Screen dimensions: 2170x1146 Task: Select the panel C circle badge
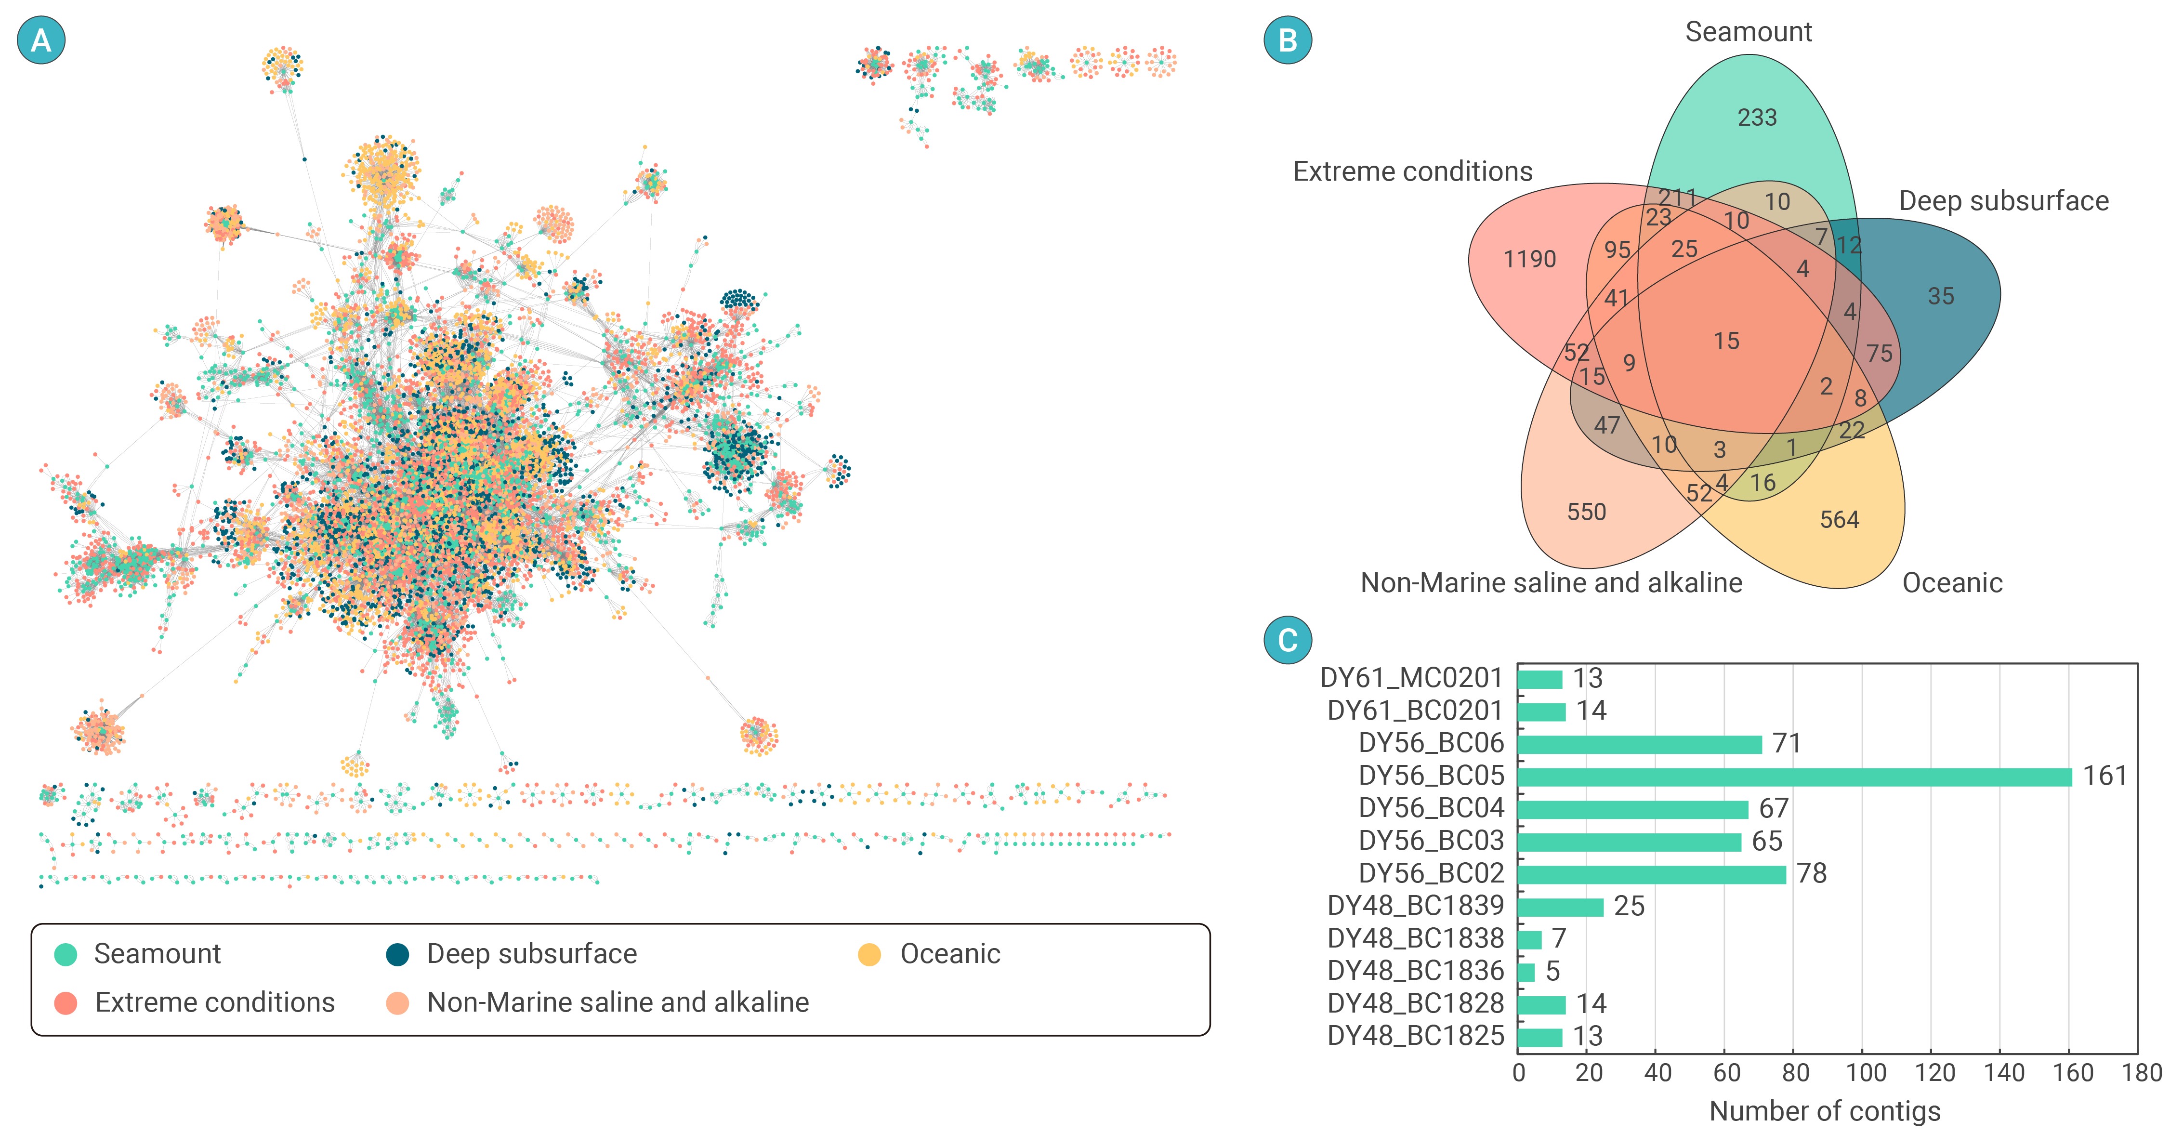pyautogui.click(x=1288, y=640)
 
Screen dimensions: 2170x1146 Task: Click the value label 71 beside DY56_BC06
pyautogui.click(x=1787, y=743)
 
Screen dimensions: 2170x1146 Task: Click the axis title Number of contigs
pyautogui.click(x=1825, y=1111)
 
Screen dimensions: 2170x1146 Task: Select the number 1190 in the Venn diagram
pyautogui.click(x=1530, y=260)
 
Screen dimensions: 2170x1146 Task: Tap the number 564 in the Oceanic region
pyautogui.click(x=1840, y=520)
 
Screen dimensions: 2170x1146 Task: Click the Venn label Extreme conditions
pyautogui.click(x=1413, y=172)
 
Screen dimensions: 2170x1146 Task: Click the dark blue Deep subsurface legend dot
pyautogui.click(x=397, y=955)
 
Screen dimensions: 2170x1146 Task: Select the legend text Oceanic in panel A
pyautogui.click(x=950, y=954)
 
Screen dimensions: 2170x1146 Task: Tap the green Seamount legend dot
pyautogui.click(x=66, y=955)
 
